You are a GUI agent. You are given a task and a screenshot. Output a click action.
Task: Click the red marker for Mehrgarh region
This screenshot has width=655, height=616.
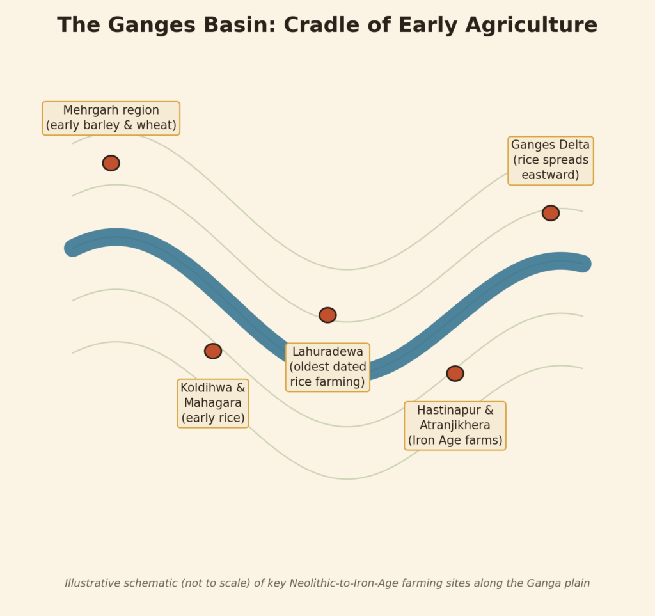111,163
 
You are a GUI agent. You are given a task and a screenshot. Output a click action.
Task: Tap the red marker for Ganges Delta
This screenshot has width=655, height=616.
551,213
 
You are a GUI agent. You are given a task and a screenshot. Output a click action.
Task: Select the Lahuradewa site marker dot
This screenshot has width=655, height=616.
327,315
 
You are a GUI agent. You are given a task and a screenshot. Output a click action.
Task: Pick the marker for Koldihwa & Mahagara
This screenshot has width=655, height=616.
213,351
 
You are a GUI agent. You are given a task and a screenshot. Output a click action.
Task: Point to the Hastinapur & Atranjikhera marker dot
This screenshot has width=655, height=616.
455,374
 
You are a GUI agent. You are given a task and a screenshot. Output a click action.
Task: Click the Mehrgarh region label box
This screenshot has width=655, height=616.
111,118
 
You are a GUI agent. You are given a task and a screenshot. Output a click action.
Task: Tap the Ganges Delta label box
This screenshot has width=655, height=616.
551,161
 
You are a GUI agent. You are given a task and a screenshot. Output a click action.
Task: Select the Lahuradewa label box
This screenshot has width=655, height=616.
327,368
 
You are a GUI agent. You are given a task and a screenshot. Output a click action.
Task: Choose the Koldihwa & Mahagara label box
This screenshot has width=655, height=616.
213,404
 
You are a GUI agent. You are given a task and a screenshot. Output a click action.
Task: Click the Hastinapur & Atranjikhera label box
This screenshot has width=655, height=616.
455,426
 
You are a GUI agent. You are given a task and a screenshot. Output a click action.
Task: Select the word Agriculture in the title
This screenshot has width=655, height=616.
531,26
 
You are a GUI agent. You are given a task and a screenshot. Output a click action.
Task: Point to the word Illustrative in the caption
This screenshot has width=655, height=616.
93,583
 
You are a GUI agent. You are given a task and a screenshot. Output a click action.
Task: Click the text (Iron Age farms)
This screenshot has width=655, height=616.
455,441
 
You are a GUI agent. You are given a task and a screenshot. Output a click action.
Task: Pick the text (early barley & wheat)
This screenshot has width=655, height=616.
111,125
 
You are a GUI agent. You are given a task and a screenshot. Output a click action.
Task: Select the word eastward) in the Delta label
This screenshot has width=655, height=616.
551,175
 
